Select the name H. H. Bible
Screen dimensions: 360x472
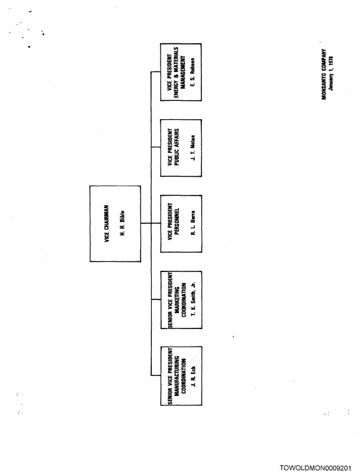point(122,223)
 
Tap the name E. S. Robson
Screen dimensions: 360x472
point(193,72)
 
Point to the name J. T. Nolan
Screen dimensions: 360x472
point(193,148)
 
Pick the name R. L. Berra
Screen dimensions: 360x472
point(193,223)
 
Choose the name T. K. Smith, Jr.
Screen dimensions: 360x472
point(193,299)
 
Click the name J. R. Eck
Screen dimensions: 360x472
point(193,377)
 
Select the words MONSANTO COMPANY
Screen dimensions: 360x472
point(324,75)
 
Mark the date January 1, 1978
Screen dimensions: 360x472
point(331,73)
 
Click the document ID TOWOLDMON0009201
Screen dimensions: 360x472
point(315,468)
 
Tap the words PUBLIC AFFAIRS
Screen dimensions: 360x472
point(177,147)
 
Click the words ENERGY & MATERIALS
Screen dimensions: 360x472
point(176,72)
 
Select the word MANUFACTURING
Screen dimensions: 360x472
point(177,376)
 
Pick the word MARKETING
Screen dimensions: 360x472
point(177,300)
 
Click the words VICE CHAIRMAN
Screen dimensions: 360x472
point(107,224)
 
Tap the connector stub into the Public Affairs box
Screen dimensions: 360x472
point(156,147)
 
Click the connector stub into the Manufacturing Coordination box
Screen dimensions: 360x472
point(156,375)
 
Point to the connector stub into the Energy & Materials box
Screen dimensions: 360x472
point(156,72)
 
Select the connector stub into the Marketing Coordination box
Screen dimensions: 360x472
point(156,300)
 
